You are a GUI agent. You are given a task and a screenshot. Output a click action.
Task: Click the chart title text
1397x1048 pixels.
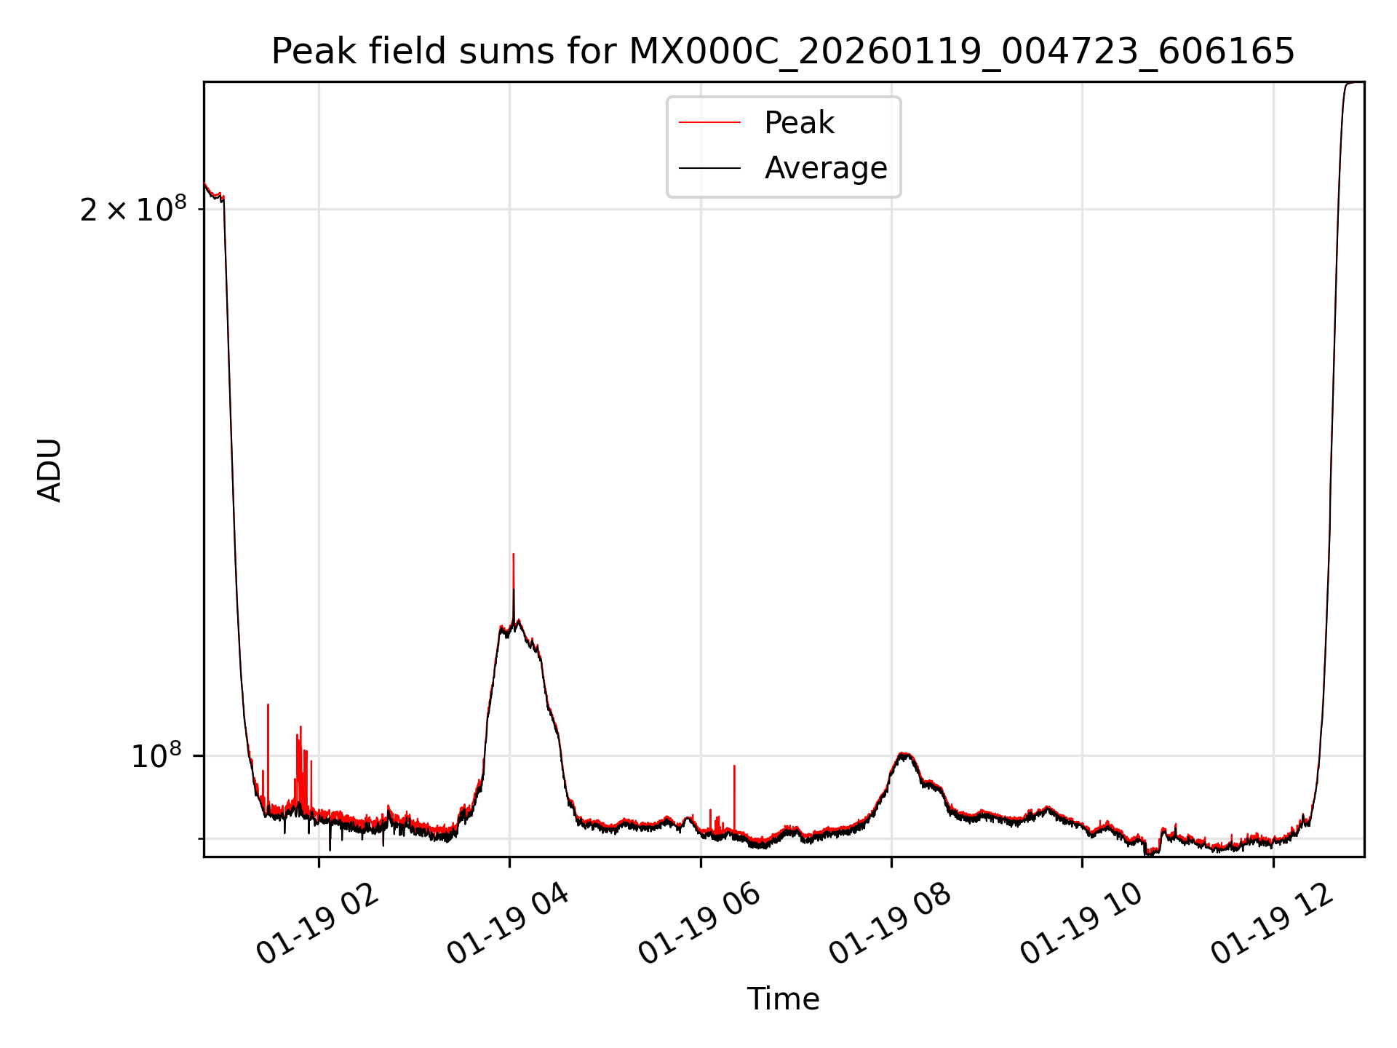coord(783,52)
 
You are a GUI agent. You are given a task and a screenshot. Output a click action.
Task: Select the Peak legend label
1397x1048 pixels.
coord(799,123)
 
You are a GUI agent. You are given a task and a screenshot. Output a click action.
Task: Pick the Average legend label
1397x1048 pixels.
coord(826,168)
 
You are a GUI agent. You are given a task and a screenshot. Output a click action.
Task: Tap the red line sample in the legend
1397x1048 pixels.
coord(709,123)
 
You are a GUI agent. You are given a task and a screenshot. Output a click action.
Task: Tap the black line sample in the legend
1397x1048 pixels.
coord(709,168)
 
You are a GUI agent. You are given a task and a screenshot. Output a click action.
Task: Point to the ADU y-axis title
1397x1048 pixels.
coord(49,469)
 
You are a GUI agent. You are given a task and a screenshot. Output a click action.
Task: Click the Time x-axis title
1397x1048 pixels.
coord(783,999)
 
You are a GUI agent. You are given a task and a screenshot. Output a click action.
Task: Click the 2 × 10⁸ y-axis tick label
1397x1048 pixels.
coord(132,210)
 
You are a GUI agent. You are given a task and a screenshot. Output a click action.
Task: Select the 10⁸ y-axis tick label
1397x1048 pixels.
coord(155,756)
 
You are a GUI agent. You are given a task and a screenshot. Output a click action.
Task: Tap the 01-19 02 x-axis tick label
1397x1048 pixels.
coord(319,926)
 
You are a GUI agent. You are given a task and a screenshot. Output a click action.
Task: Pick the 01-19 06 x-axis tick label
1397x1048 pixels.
coord(700,926)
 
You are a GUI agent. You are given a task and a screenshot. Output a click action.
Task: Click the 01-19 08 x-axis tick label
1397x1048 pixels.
coord(891,926)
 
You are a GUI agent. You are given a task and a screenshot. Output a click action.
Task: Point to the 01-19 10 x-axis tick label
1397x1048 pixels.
coord(1082,926)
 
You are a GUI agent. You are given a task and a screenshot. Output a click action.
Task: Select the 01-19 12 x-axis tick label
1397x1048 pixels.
coord(1273,926)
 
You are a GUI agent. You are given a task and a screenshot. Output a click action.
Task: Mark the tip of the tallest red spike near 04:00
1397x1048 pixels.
coord(513,555)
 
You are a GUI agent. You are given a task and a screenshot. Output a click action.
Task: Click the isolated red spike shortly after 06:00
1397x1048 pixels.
coord(734,766)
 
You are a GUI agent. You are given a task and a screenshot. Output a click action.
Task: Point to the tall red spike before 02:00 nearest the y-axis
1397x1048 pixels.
coord(268,705)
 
